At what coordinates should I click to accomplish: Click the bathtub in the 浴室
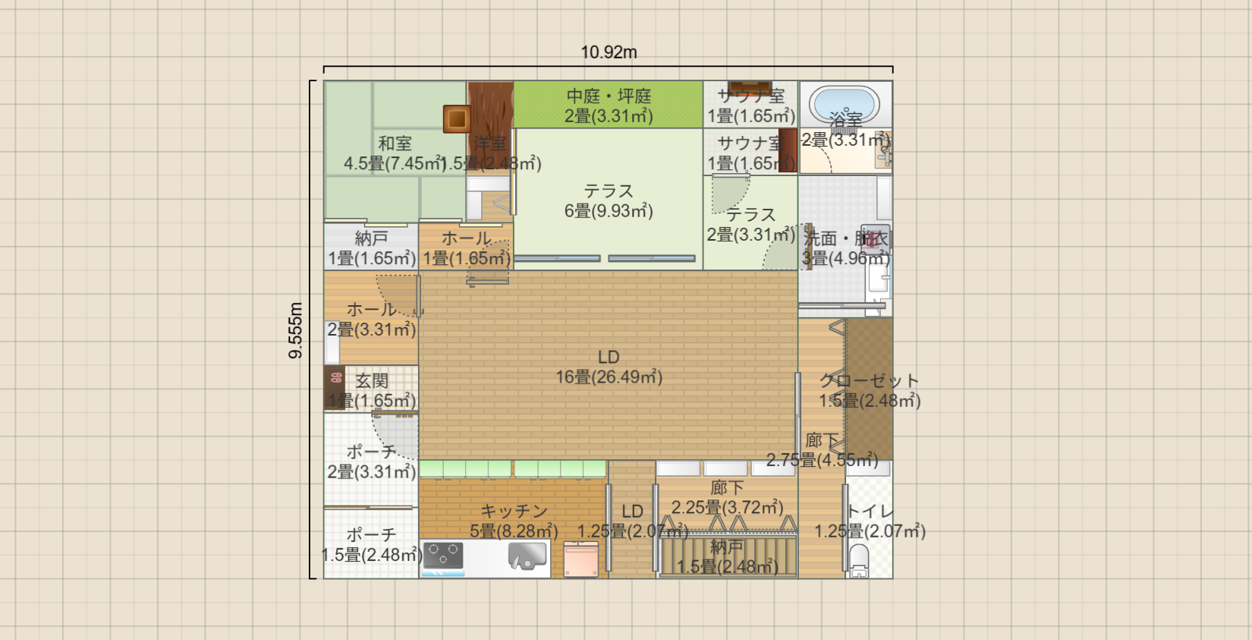844,104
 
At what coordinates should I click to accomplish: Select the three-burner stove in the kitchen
443,555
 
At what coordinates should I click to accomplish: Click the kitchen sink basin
527,556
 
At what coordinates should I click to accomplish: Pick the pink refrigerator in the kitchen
581,560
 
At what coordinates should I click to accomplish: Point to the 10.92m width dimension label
609,52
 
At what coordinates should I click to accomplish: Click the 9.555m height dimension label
295,330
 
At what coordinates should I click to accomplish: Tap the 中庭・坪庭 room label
609,96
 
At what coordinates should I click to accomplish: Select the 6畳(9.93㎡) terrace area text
609,211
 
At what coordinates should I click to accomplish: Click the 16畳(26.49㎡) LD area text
609,377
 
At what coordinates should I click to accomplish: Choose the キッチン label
514,511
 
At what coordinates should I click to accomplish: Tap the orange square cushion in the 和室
457,119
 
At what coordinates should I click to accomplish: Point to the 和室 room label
395,143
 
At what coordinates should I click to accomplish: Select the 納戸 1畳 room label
371,238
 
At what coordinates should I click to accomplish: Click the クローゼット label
869,381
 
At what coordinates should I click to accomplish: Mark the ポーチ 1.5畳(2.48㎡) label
371,545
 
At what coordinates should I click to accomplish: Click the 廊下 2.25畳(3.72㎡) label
727,497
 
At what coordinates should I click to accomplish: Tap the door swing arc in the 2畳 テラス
728,194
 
